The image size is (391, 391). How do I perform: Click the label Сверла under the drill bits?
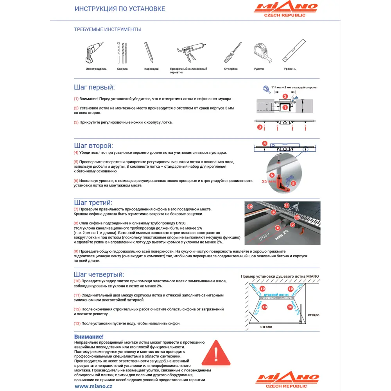coord(122,69)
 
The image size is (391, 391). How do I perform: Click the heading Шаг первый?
coord(94,88)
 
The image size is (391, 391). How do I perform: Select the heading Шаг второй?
coord(93,146)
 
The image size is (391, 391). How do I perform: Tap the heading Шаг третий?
coord(93,203)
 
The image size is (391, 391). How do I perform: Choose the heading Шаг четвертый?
coord(99,274)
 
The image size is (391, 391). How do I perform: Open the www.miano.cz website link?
coord(93,386)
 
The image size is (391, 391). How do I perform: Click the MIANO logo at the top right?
coord(286,9)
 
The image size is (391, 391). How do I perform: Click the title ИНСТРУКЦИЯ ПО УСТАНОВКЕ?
coord(120,9)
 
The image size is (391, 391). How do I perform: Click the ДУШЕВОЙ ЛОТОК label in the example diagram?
coord(276,294)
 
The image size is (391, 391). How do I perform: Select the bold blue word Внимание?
coord(89,337)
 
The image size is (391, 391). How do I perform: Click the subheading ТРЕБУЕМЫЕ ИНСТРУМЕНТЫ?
coord(107,29)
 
